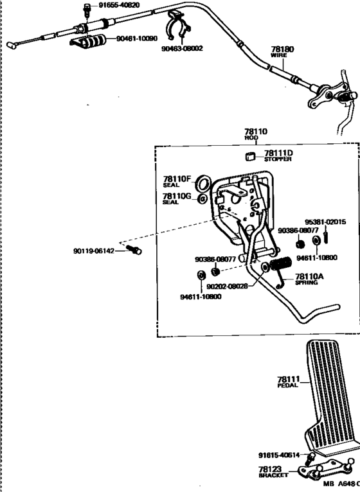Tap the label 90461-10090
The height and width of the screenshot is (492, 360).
click(x=137, y=39)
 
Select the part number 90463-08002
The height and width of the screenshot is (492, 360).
click(x=182, y=48)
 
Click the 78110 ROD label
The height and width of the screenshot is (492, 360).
click(x=256, y=134)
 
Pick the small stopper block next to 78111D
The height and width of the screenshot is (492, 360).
click(x=250, y=156)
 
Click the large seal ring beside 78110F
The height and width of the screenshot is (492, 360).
click(x=203, y=184)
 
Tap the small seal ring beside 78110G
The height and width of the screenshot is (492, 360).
click(x=202, y=198)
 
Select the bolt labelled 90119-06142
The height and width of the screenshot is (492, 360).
click(x=134, y=250)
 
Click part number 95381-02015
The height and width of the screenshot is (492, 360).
click(x=325, y=222)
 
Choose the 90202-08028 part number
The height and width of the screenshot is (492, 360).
click(x=227, y=286)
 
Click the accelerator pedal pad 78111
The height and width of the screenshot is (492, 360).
click(x=330, y=396)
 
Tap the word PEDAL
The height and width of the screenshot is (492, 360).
click(x=287, y=385)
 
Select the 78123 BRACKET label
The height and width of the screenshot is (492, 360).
click(x=273, y=472)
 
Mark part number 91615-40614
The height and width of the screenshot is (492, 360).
click(x=279, y=455)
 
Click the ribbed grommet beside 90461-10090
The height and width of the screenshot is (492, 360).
click(x=89, y=41)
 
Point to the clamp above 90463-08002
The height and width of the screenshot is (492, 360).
click(x=177, y=26)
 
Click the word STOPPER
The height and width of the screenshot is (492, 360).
click(x=278, y=159)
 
